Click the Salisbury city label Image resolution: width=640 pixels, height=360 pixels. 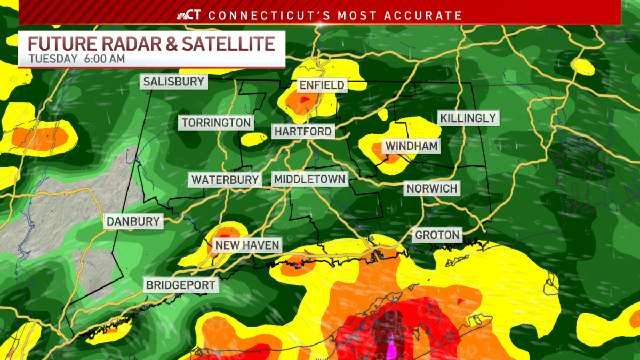(x=173, y=82)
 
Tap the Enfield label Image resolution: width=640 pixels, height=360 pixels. (x=322, y=85)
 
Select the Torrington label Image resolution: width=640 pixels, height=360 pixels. (x=216, y=123)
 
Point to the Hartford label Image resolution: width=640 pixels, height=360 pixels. (x=303, y=131)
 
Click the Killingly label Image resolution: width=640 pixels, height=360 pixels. (x=468, y=118)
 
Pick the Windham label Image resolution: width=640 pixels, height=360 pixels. (x=411, y=146)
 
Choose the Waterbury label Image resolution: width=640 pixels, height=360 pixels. (x=225, y=180)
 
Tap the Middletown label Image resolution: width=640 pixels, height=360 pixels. (x=310, y=179)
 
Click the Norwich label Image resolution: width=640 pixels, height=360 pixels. (x=432, y=188)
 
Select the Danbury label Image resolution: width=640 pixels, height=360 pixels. (x=133, y=221)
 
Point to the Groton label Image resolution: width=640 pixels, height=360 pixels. (x=437, y=235)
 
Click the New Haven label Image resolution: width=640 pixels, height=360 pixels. (x=247, y=245)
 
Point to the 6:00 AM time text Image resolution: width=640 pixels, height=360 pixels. (x=104, y=59)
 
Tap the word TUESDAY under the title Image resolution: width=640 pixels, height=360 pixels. (x=53, y=59)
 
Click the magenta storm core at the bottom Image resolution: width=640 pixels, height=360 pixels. (x=391, y=349)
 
